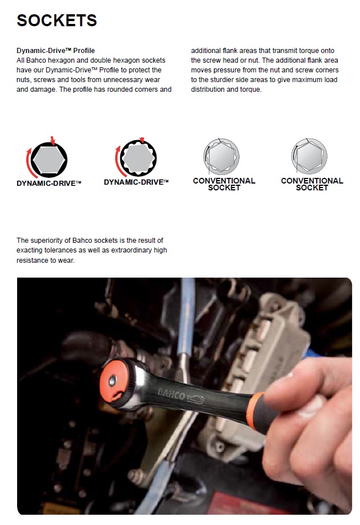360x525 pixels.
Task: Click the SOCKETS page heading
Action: [57, 21]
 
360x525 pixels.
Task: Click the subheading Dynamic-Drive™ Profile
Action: [56, 51]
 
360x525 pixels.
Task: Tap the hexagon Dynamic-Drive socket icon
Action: [49, 160]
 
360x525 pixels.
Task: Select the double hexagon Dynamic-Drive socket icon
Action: [139, 158]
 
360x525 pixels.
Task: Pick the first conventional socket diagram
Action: [221, 156]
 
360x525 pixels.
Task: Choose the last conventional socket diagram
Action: [309, 156]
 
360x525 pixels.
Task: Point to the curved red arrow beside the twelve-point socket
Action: [118, 162]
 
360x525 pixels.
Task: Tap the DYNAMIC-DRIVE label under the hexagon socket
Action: [49, 184]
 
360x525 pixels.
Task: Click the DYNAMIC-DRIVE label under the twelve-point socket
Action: [136, 182]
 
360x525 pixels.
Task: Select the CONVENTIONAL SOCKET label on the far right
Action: [312, 184]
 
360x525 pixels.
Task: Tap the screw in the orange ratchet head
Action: [112, 380]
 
